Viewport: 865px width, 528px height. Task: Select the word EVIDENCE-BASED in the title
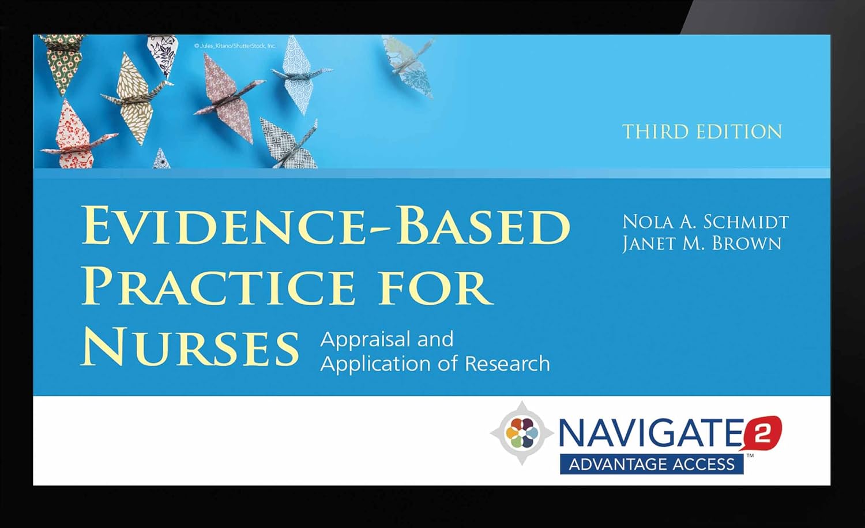pos(326,226)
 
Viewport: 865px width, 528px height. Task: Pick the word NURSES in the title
pos(190,348)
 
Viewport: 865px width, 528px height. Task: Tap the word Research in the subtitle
pos(507,364)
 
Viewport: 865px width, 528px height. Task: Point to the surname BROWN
pos(747,244)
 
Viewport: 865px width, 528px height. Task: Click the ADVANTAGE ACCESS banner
pos(652,465)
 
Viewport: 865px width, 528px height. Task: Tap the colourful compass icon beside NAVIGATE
pos(521,433)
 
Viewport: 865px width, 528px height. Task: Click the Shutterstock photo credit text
pos(235,46)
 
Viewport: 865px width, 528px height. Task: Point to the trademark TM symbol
pos(750,456)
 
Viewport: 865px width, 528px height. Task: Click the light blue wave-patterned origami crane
pos(296,75)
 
